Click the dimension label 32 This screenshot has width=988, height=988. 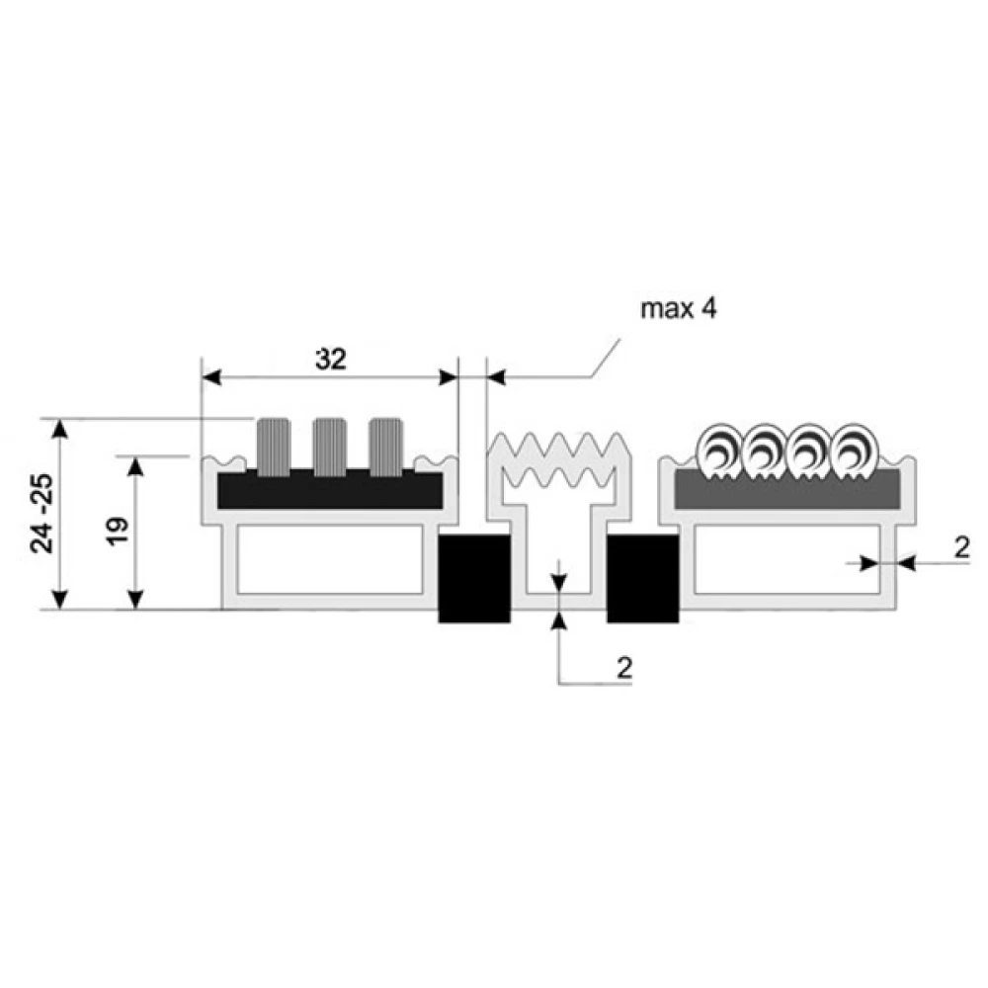pos(331,360)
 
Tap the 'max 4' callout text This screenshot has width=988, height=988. pos(679,308)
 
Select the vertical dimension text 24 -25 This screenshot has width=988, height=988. pos(42,514)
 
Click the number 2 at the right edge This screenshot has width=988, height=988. pos(961,548)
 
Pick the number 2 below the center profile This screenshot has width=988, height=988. pos(623,668)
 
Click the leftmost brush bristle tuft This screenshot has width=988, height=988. pos(274,447)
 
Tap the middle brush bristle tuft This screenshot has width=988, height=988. pos(330,447)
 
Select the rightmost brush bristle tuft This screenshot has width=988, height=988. pos(385,447)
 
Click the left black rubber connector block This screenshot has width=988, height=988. pos(474,578)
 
